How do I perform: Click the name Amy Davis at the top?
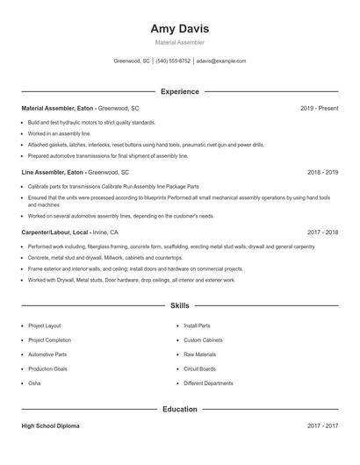[x=179, y=28]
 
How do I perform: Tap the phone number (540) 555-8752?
[x=174, y=61]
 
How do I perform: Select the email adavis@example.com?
[x=221, y=61]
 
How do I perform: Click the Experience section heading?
[x=179, y=91]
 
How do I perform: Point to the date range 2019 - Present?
[x=319, y=108]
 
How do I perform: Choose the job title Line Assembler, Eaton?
[x=53, y=173]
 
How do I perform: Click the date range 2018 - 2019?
[x=322, y=173]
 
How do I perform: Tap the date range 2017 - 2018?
[x=322, y=232]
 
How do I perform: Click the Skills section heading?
[x=179, y=305]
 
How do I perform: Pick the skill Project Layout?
[x=44, y=325]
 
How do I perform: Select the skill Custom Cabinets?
[x=203, y=340]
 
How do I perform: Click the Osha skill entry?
[x=34, y=383]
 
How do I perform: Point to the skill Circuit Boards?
[x=199, y=369]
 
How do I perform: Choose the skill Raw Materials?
[x=199, y=354]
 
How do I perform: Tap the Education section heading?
[x=179, y=409]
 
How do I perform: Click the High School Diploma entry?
[x=52, y=426]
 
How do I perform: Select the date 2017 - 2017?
[x=322, y=426]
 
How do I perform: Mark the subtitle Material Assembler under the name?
[x=179, y=42]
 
